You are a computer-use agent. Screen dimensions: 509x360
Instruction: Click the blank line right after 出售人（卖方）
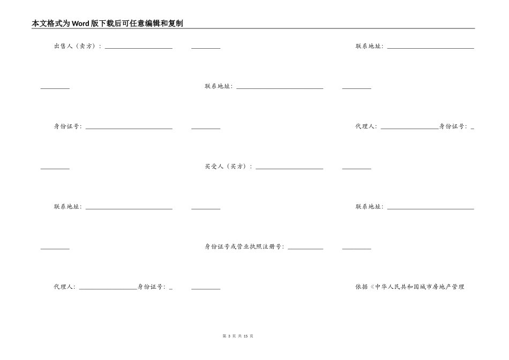[x=138, y=47]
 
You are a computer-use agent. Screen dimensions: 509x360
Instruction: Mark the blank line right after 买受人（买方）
[x=289, y=167]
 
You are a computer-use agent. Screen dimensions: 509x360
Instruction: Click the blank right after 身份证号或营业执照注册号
[x=305, y=248]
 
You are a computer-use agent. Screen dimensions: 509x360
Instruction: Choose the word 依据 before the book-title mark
[x=362, y=287]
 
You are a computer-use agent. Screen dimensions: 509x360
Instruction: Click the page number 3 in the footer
[x=229, y=336]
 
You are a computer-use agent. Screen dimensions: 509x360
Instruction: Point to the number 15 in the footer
[x=245, y=336]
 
